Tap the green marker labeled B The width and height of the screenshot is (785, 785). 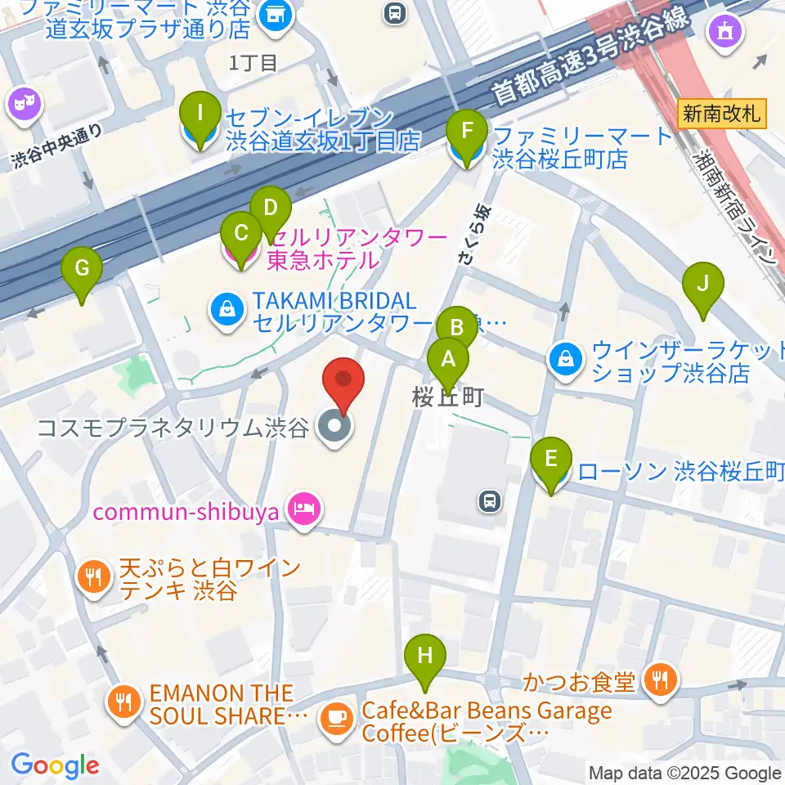click(x=456, y=328)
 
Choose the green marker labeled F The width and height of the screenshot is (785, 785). click(x=467, y=132)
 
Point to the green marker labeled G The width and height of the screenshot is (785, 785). click(x=82, y=268)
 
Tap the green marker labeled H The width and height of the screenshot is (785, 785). click(x=424, y=656)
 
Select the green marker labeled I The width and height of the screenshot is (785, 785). click(x=200, y=115)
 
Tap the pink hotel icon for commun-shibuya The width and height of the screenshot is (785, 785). click(x=305, y=513)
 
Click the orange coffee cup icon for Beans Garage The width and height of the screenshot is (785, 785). click(x=337, y=718)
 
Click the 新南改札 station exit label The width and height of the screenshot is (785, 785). click(x=722, y=114)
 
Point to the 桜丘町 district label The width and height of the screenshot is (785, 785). click(x=447, y=397)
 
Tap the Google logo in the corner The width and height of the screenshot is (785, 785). click(x=55, y=765)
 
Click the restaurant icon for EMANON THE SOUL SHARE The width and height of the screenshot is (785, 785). click(x=124, y=702)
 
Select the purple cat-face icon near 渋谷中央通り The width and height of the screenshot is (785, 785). click(x=23, y=104)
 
